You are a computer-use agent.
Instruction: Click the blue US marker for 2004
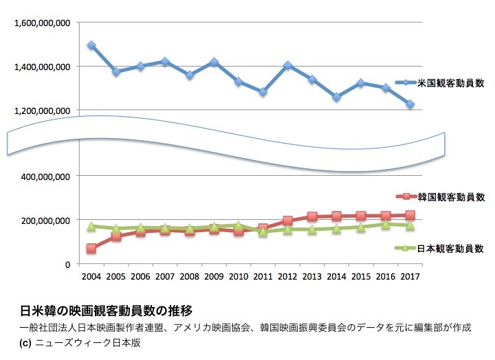91,45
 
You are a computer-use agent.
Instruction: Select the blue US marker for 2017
410,104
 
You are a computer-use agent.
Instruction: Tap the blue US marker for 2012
287,66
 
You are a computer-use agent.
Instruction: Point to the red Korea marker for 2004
91,248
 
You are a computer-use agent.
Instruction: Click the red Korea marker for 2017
410,215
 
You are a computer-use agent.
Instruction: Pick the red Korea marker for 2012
287,221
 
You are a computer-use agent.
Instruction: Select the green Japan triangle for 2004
91,226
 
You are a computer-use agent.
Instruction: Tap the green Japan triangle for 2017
410,225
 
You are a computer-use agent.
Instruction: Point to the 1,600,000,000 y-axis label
43,23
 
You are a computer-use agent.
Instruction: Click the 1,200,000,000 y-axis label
43,110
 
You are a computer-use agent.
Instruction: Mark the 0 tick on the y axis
67,264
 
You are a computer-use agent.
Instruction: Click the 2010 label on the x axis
239,276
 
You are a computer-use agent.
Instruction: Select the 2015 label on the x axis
362,276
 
